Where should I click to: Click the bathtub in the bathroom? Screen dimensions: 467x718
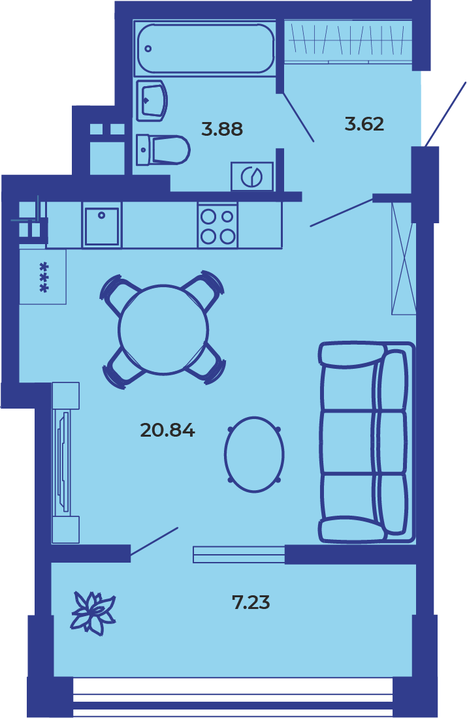pyautogui.click(x=205, y=48)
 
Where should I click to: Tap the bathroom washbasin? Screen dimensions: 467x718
pyautogui.click(x=152, y=101)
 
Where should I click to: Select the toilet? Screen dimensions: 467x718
pyautogui.click(x=163, y=149)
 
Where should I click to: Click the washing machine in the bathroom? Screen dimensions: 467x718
pyautogui.click(x=252, y=176)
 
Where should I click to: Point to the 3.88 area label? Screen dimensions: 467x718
pyautogui.click(x=222, y=129)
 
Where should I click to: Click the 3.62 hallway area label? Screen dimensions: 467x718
pyautogui.click(x=364, y=124)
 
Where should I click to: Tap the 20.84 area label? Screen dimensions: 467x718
pyautogui.click(x=168, y=430)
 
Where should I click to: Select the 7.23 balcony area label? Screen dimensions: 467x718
pyautogui.click(x=251, y=602)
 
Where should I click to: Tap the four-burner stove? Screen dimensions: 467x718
pyautogui.click(x=217, y=226)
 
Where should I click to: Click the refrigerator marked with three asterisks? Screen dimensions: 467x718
pyautogui.click(x=43, y=277)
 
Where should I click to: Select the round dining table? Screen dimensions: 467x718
pyautogui.click(x=163, y=329)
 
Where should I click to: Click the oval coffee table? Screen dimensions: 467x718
pyautogui.click(x=254, y=454)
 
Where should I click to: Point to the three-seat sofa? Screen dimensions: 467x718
pyautogui.click(x=366, y=442)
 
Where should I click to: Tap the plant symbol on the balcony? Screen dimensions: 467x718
pyautogui.click(x=93, y=614)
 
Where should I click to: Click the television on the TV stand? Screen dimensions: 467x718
pyautogui.click(x=62, y=463)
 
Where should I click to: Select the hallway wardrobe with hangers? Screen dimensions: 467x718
pyautogui.click(x=348, y=40)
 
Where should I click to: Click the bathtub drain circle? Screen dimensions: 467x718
pyautogui.click(x=148, y=48)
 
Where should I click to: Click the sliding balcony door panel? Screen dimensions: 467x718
pyautogui.click(x=239, y=554)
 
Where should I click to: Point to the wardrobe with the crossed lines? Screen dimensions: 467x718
pyautogui.click(x=403, y=258)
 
